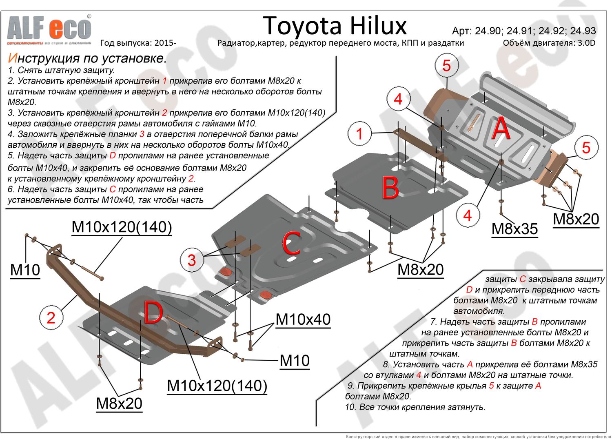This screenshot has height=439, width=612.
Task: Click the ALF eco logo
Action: (x=49, y=29)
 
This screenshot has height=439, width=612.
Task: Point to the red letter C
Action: (x=291, y=243)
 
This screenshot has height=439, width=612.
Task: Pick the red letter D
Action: (x=153, y=313)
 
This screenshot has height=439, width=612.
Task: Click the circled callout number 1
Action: (x=359, y=133)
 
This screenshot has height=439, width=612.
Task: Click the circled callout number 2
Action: (x=51, y=318)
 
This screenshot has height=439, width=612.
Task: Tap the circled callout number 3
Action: (x=192, y=260)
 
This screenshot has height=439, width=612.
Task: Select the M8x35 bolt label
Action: (x=515, y=229)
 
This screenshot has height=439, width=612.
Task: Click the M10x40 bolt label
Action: (x=303, y=319)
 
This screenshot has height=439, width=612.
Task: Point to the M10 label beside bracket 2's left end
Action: (x=25, y=270)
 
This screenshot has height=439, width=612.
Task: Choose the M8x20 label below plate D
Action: (x=119, y=403)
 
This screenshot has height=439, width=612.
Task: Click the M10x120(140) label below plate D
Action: (x=217, y=386)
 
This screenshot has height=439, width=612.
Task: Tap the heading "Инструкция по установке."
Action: (x=87, y=58)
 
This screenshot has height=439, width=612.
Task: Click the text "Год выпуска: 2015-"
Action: (x=138, y=43)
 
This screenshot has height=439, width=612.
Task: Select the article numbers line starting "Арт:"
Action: (x=524, y=31)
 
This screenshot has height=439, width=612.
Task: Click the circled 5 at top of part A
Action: (x=446, y=66)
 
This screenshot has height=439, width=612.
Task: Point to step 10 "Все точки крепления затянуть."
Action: (x=415, y=407)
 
